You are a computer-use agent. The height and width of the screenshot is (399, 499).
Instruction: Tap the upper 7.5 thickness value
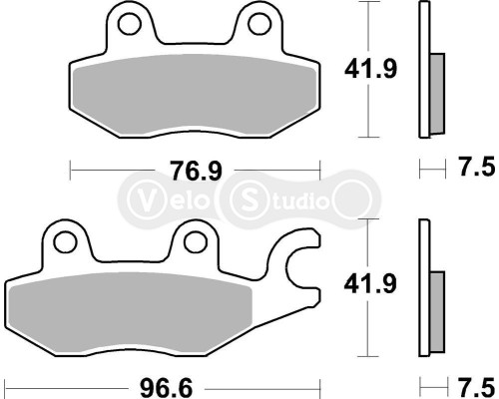pos(472,170)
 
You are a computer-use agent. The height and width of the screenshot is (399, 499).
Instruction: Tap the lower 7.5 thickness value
pos(472,383)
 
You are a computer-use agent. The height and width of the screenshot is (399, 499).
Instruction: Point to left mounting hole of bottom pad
pos(68,241)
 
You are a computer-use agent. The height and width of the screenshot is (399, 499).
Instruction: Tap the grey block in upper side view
pos(436,95)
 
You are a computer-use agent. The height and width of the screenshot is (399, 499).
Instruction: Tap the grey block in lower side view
pos(436,309)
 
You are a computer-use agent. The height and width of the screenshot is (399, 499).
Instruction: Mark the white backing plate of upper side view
pos(422,70)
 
